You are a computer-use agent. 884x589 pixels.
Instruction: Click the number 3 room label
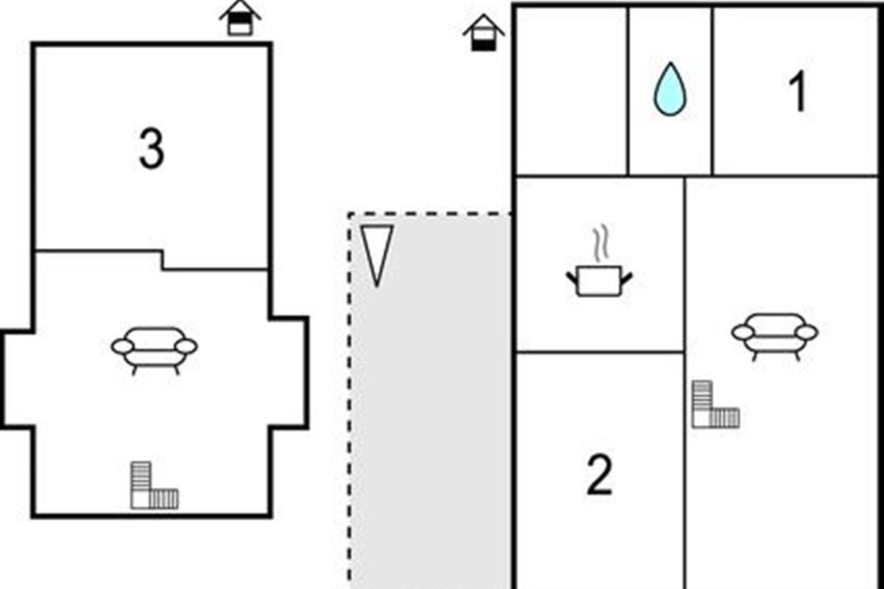(152, 149)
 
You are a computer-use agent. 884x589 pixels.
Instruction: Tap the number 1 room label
(798, 91)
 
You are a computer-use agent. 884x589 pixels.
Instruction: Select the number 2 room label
(600, 475)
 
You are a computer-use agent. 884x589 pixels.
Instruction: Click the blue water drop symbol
(670, 89)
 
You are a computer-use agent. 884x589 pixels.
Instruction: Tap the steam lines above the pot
(600, 243)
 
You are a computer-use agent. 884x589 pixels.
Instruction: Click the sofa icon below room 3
(154, 350)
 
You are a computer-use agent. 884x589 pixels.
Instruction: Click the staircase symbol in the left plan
(154, 485)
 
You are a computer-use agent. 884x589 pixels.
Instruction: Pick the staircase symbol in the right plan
(715, 404)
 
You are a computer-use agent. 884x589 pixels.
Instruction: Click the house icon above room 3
(240, 18)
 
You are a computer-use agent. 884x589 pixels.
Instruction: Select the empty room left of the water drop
(572, 91)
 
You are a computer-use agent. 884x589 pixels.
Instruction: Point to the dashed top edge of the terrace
(429, 214)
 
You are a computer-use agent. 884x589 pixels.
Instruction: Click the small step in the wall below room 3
(162, 261)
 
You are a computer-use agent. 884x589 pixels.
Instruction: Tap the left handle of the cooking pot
(572, 278)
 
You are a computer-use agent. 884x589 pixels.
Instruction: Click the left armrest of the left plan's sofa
(123, 347)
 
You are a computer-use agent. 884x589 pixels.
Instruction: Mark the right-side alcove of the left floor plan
(289, 373)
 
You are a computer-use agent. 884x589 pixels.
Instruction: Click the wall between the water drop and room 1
(713, 91)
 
